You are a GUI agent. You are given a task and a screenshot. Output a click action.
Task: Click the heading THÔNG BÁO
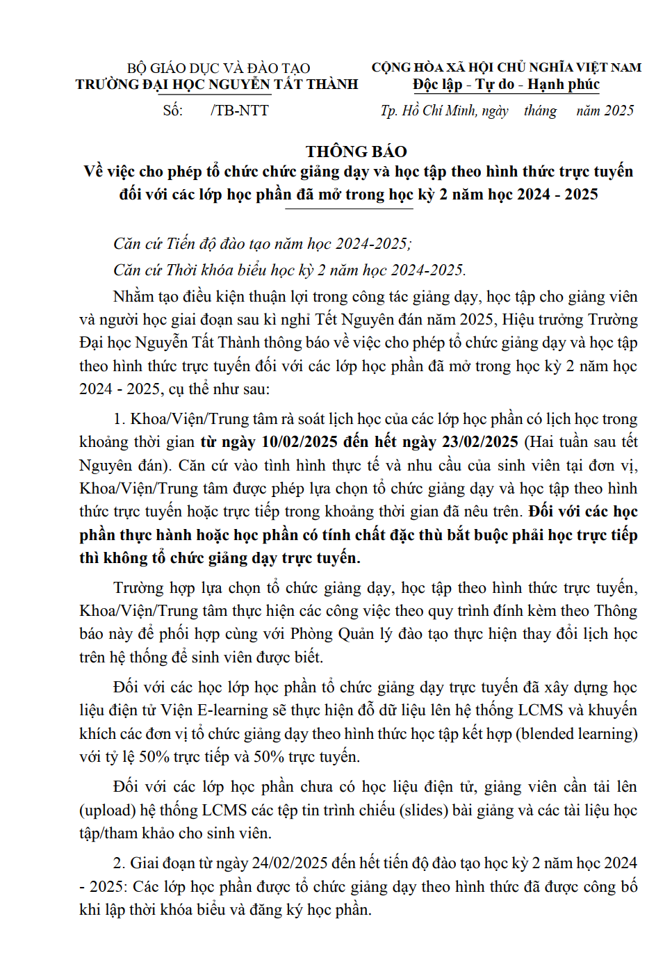(356, 152)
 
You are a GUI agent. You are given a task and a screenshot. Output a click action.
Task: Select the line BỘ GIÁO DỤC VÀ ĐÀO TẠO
(218, 68)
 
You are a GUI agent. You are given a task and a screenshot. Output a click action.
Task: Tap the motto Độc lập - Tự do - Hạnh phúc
(506, 85)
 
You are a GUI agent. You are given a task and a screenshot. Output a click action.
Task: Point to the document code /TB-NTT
(240, 111)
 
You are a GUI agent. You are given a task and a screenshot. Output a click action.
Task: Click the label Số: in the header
(172, 111)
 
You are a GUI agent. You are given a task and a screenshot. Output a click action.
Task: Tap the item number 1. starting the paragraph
(120, 419)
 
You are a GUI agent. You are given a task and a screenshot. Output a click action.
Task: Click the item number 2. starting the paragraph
(120, 863)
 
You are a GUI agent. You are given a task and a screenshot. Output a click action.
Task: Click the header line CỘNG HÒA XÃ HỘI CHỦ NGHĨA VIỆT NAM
(506, 67)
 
